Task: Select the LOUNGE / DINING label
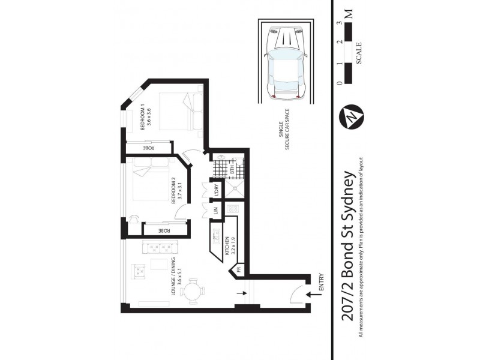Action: [173, 276]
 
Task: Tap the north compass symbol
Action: [349, 116]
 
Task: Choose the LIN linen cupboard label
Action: [215, 211]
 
